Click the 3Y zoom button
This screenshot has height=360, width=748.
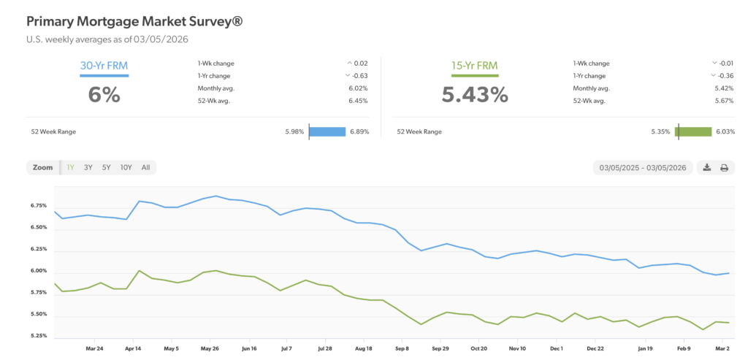click(88, 167)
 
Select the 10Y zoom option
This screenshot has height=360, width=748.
click(126, 167)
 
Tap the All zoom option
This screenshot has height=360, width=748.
click(145, 167)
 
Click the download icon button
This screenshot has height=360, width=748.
click(706, 167)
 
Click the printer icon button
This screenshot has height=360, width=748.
click(725, 167)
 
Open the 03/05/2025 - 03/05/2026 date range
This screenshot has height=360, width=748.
click(643, 167)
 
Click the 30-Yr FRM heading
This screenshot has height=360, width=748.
click(104, 66)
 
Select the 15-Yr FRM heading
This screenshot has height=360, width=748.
click(473, 66)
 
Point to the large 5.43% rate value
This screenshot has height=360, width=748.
click(473, 95)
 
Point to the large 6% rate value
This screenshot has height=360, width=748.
click(104, 95)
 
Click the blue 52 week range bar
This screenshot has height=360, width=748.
click(327, 132)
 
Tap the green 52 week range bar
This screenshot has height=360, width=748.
click(694, 132)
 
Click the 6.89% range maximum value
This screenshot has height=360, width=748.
click(359, 132)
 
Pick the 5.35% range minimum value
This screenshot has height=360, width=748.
click(660, 132)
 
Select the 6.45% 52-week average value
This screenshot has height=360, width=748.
click(358, 101)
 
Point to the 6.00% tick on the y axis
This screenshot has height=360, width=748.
click(39, 271)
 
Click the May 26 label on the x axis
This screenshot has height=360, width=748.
click(210, 349)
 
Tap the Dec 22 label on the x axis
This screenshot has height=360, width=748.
click(595, 349)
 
